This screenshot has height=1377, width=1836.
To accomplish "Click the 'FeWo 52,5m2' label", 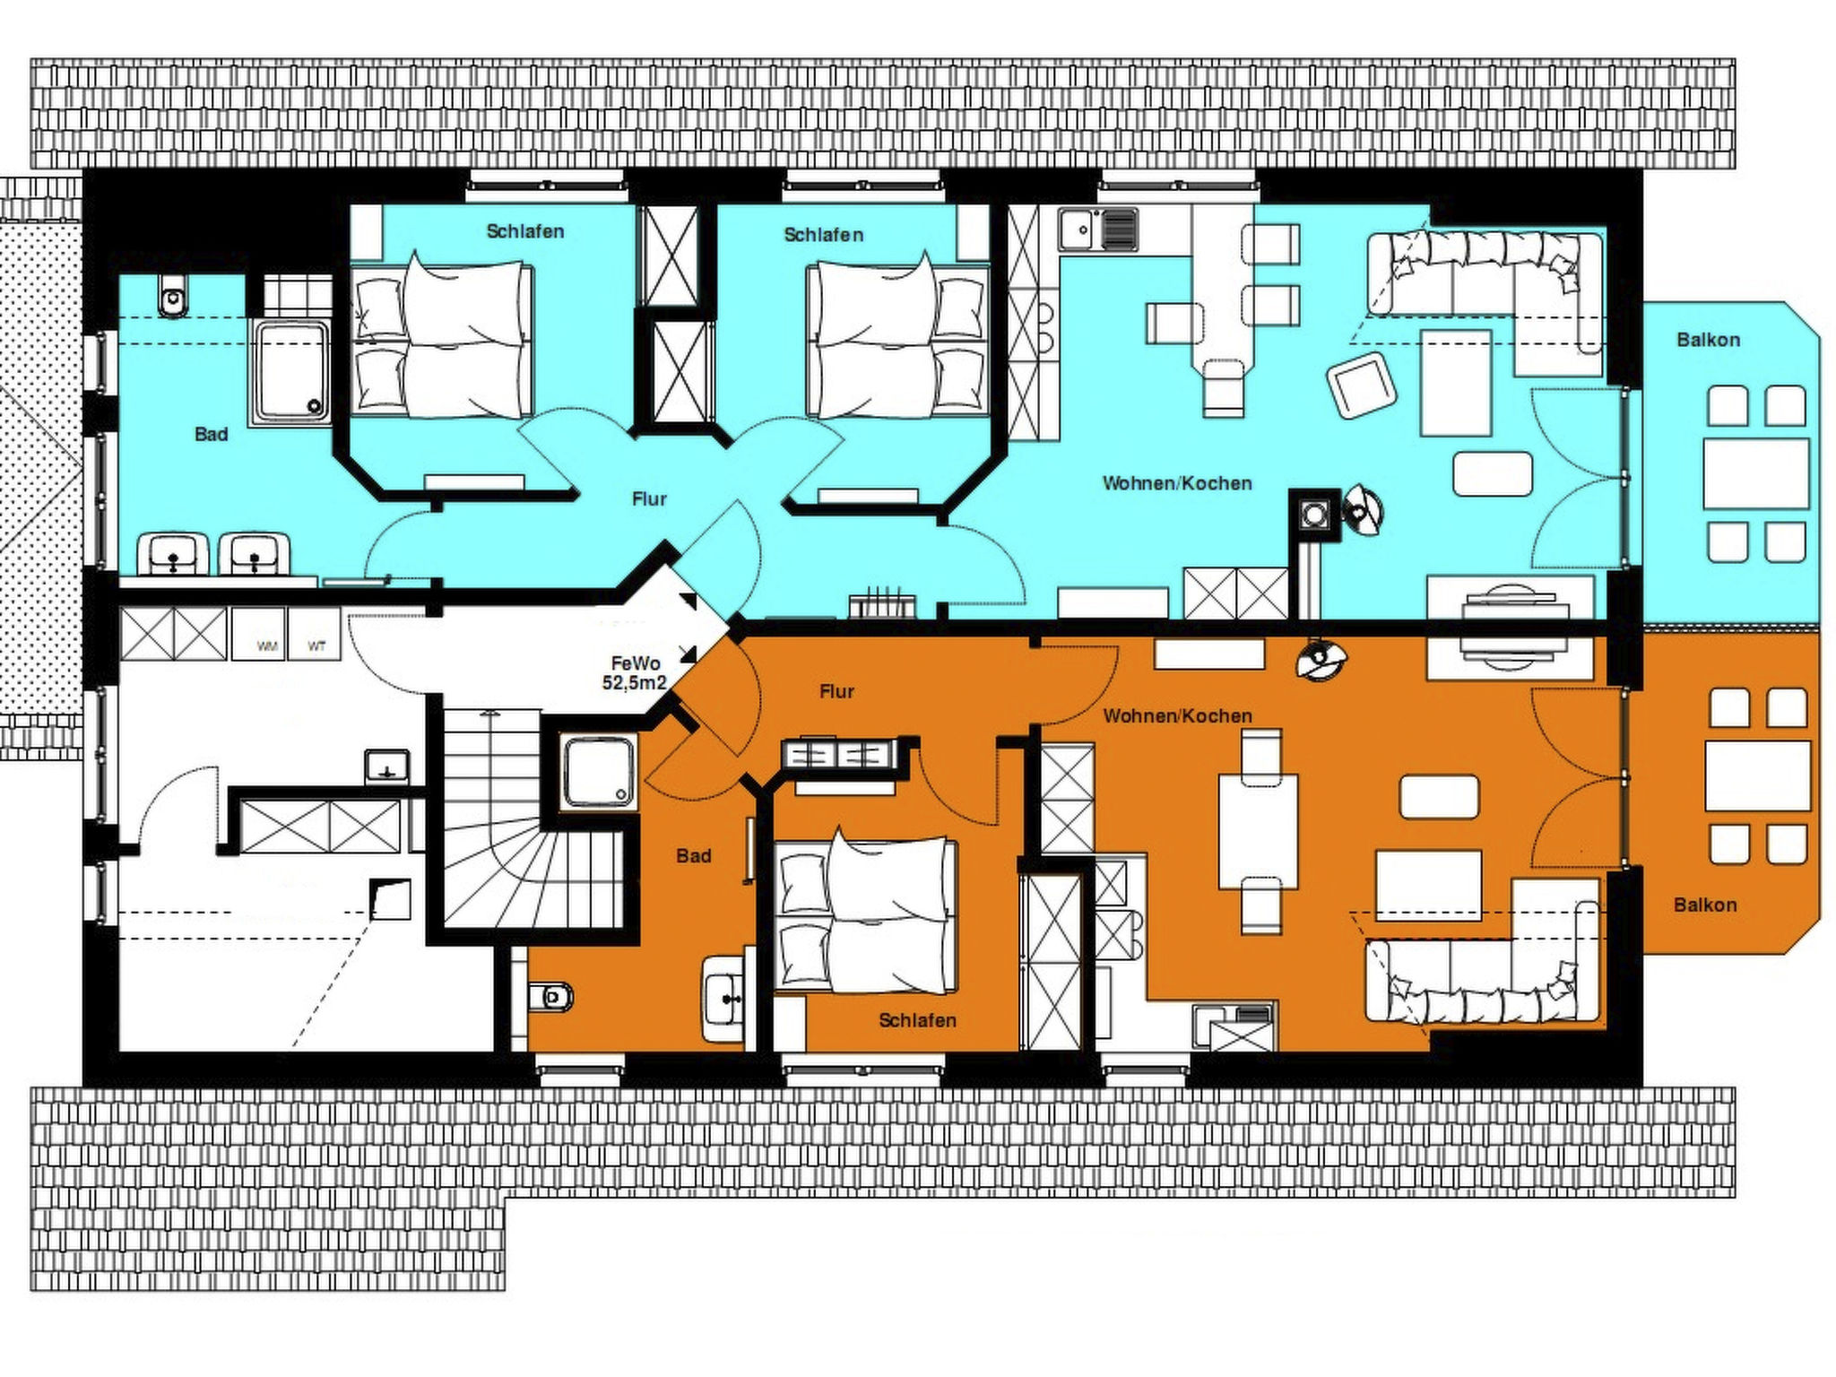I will (635, 673).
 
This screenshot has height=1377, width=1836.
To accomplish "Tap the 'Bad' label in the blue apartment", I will (212, 435).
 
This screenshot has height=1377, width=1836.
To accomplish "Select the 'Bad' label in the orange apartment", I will (694, 856).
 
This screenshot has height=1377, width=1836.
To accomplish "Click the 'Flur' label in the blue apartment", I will (649, 499).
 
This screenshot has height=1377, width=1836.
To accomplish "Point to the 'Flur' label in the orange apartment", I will (836, 691).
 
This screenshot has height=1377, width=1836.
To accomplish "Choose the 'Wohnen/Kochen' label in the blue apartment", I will (1177, 483).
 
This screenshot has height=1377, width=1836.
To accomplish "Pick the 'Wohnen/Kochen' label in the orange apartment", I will (1177, 716).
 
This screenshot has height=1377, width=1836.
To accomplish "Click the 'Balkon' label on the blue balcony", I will (1708, 340).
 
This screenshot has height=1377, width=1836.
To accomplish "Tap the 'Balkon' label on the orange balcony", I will (1705, 905).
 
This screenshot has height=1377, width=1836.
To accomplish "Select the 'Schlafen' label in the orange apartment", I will (917, 1020).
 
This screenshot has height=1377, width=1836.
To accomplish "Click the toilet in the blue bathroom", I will (173, 296).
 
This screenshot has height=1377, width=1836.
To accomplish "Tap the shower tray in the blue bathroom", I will (291, 372).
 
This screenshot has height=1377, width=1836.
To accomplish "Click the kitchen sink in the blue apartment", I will (1097, 230).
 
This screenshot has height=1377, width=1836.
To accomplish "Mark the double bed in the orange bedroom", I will (865, 914).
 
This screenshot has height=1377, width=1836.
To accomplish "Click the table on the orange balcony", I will (1757, 776).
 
